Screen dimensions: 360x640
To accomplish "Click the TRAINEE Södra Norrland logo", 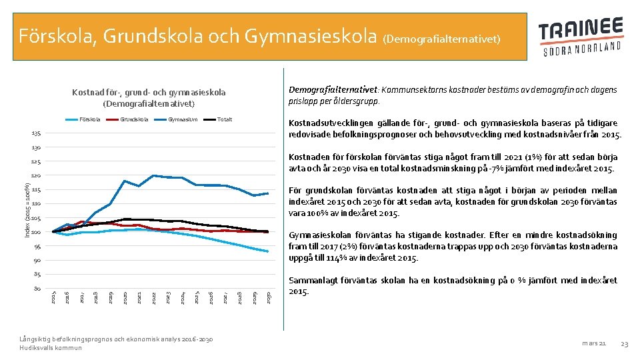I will click(x=581, y=37).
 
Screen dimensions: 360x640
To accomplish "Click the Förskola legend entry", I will click(x=89, y=119).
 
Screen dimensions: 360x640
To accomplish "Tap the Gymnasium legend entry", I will click(x=182, y=119).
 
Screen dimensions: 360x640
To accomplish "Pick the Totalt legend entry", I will click(x=225, y=119).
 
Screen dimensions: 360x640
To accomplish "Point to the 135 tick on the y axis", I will click(x=37, y=133).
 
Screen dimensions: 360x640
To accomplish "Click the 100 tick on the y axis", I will click(x=37, y=232).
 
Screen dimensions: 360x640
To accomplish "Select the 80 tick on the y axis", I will click(x=37, y=289).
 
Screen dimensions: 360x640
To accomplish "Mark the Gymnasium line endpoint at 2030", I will click(x=267, y=193).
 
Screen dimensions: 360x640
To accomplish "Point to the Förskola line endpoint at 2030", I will click(x=267, y=251).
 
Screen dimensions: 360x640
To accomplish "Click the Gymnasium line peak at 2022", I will click(x=153, y=175).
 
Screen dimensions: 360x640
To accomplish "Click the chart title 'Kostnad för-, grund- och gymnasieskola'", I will click(x=148, y=97).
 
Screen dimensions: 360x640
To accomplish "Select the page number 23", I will click(x=624, y=343).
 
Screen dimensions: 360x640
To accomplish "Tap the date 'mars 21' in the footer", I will click(x=593, y=343).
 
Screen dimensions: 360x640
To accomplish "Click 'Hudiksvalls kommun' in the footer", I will click(x=51, y=348).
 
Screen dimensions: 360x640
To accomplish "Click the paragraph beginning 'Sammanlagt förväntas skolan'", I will click(x=453, y=286).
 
